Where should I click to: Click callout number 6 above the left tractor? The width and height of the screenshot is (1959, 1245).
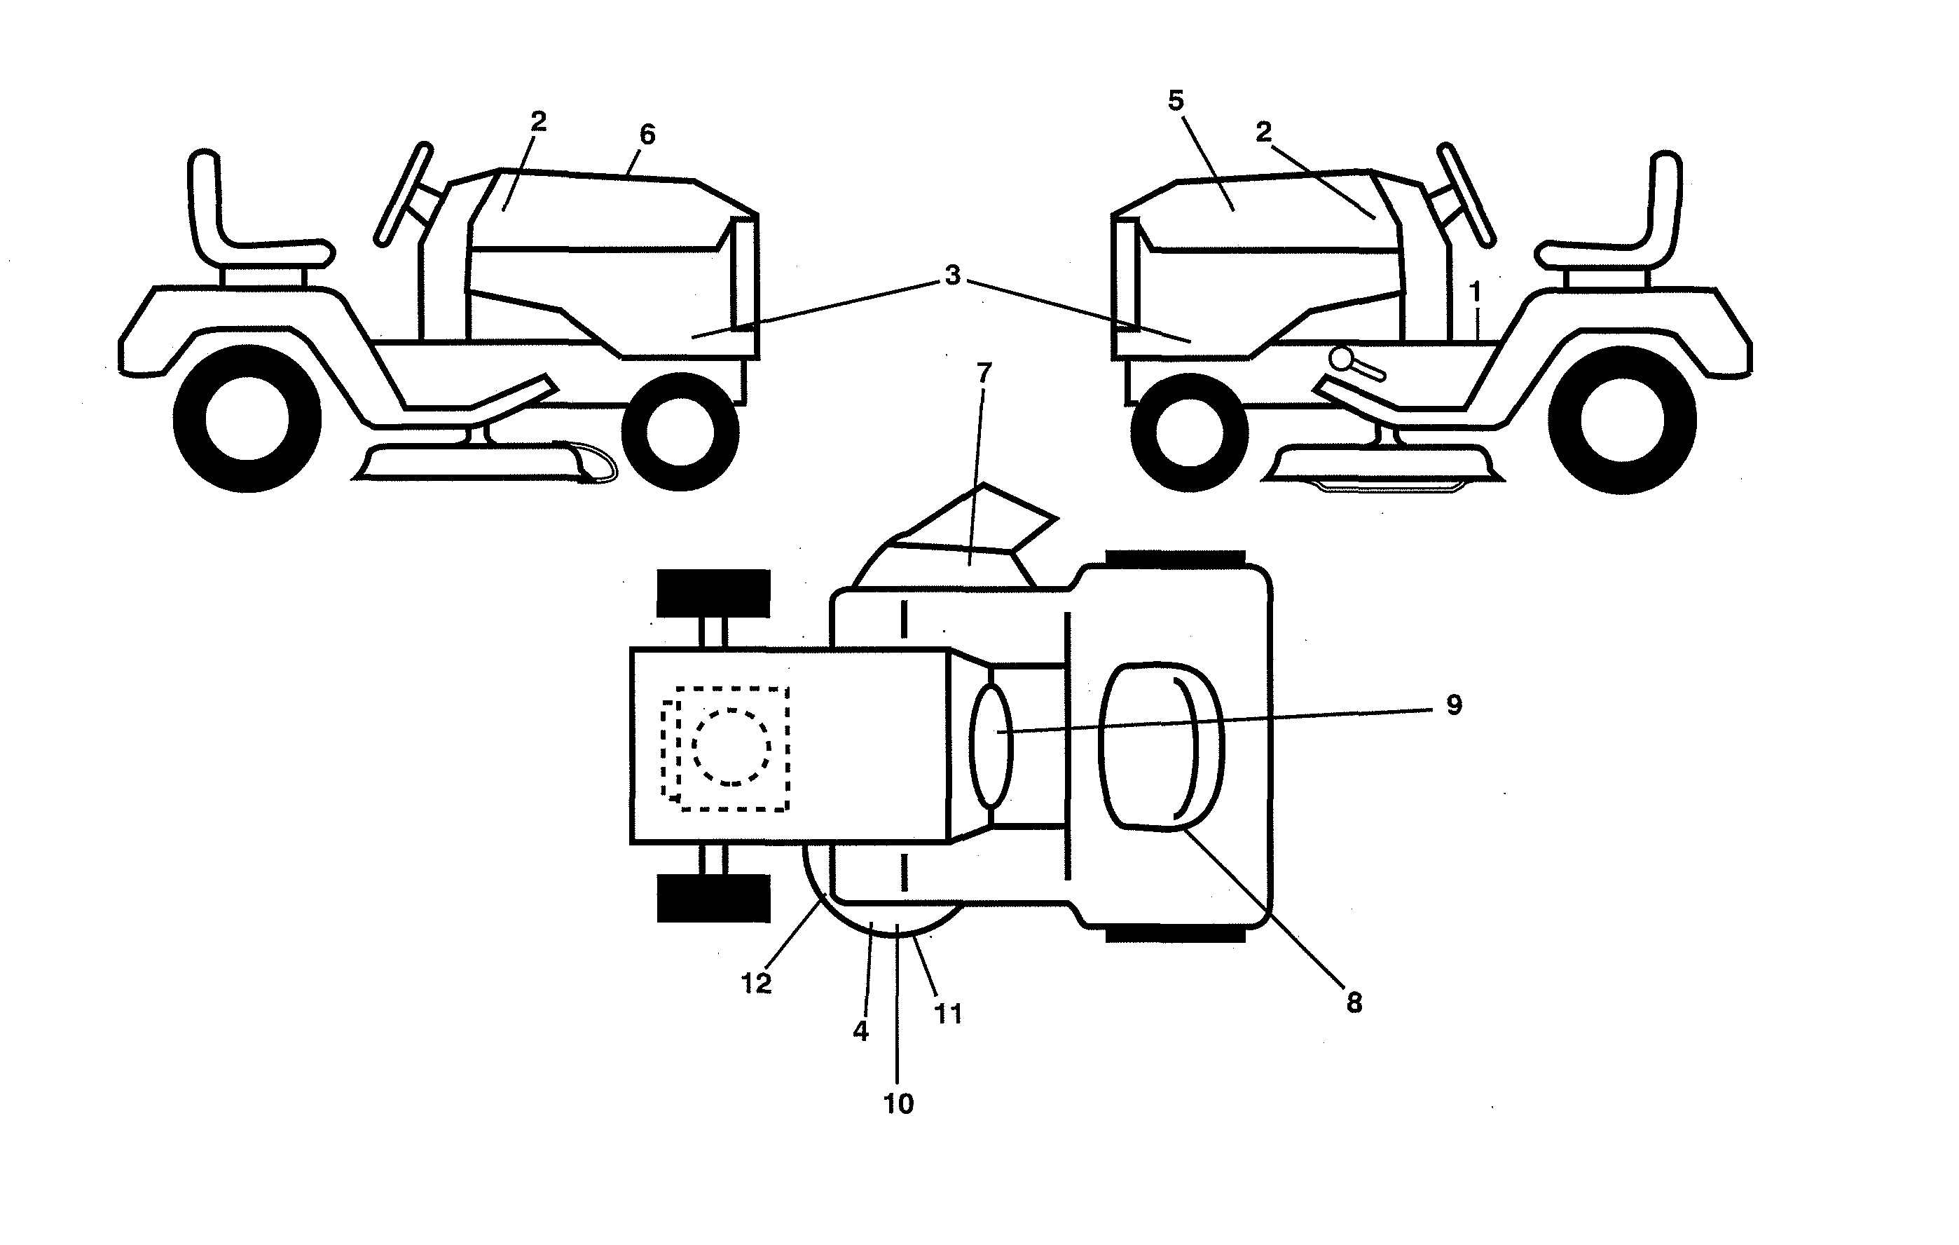tap(647, 135)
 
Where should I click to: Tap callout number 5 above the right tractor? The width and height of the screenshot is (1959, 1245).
tap(1176, 101)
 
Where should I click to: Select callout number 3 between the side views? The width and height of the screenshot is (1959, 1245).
tap(953, 276)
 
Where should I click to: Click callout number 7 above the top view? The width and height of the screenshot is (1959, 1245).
tap(984, 373)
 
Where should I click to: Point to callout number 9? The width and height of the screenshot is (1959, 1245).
tap(1454, 705)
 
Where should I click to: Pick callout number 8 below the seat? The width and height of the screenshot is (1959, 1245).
tap(1354, 1003)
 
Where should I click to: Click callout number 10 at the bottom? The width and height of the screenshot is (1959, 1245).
tap(898, 1103)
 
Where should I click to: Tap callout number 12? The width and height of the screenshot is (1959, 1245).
tap(756, 984)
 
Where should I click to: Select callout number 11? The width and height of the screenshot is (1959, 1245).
tap(948, 1014)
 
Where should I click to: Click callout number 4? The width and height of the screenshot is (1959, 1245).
tap(860, 1032)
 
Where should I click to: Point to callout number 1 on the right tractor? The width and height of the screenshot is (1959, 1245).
tap(1475, 292)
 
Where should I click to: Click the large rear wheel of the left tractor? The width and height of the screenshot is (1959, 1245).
tap(247, 419)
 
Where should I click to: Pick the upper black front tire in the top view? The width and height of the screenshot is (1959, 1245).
tap(713, 592)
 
